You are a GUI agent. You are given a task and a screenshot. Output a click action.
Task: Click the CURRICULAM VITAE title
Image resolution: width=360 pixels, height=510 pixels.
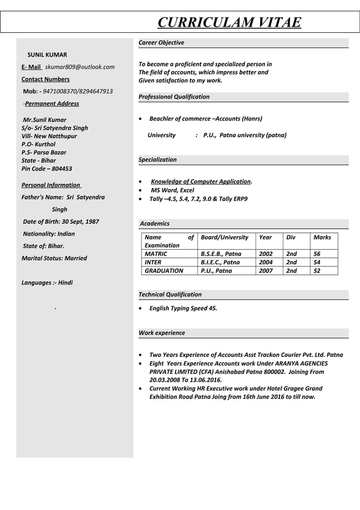[229, 22]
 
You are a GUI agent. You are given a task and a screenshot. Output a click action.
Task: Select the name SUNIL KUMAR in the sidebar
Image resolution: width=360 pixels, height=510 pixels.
[47, 55]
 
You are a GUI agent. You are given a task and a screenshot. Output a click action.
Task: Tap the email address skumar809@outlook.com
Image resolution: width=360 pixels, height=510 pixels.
[80, 67]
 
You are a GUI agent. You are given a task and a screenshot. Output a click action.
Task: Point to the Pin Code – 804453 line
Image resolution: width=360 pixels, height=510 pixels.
[46, 169]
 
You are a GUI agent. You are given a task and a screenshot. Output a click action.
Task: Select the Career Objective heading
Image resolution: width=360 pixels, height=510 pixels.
[161, 43]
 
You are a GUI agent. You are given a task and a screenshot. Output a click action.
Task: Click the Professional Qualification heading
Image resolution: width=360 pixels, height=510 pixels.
[174, 97]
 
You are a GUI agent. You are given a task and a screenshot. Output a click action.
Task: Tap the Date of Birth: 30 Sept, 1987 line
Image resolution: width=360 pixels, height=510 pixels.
[60, 221]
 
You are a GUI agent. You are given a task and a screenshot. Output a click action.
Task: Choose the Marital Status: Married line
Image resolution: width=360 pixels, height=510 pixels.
[54, 258]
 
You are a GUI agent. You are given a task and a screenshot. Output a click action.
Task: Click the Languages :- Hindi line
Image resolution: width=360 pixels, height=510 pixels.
[47, 282]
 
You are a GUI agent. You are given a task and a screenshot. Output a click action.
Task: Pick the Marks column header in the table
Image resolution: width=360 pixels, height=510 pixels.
[322, 237]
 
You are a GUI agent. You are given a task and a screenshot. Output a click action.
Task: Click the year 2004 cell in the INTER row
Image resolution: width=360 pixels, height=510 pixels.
[265, 262]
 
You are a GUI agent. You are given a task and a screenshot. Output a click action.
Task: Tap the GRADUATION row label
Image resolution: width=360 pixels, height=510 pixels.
[164, 271]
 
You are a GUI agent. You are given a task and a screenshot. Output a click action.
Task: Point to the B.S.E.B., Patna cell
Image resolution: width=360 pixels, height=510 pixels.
[221, 254]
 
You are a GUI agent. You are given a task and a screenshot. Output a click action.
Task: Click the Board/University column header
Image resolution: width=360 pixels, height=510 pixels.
[224, 237]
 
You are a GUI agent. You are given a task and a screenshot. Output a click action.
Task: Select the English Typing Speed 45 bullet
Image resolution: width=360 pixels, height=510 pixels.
[183, 308]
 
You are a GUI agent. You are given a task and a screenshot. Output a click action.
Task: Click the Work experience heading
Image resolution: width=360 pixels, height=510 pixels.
[161, 333]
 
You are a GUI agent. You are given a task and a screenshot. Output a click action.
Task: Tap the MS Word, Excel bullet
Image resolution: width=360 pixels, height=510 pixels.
[172, 190]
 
